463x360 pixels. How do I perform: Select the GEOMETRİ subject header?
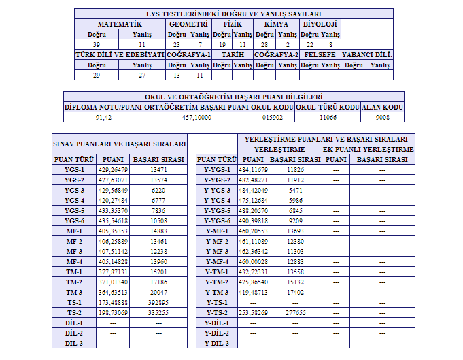point(188,24)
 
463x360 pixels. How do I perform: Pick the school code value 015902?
point(272,117)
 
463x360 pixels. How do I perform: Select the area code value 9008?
point(382,117)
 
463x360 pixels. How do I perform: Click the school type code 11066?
point(328,117)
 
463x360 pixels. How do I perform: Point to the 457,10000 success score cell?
point(196,117)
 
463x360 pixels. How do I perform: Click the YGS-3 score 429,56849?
point(113,190)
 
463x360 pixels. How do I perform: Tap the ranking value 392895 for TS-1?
point(158,302)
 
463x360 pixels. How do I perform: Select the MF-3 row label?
point(74,251)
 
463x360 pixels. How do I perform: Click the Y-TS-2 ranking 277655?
point(295,312)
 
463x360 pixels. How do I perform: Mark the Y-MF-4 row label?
point(218,261)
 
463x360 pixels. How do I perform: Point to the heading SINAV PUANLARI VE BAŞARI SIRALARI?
point(120,144)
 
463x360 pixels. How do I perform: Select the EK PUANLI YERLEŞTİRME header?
point(368,149)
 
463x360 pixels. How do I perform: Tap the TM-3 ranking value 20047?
point(158,292)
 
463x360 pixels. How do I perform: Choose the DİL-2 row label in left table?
point(74,333)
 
